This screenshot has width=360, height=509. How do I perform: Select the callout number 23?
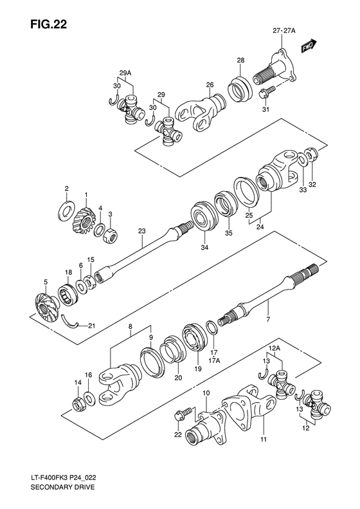[x=142, y=231]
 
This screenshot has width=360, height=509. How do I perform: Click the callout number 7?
[x=268, y=319]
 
